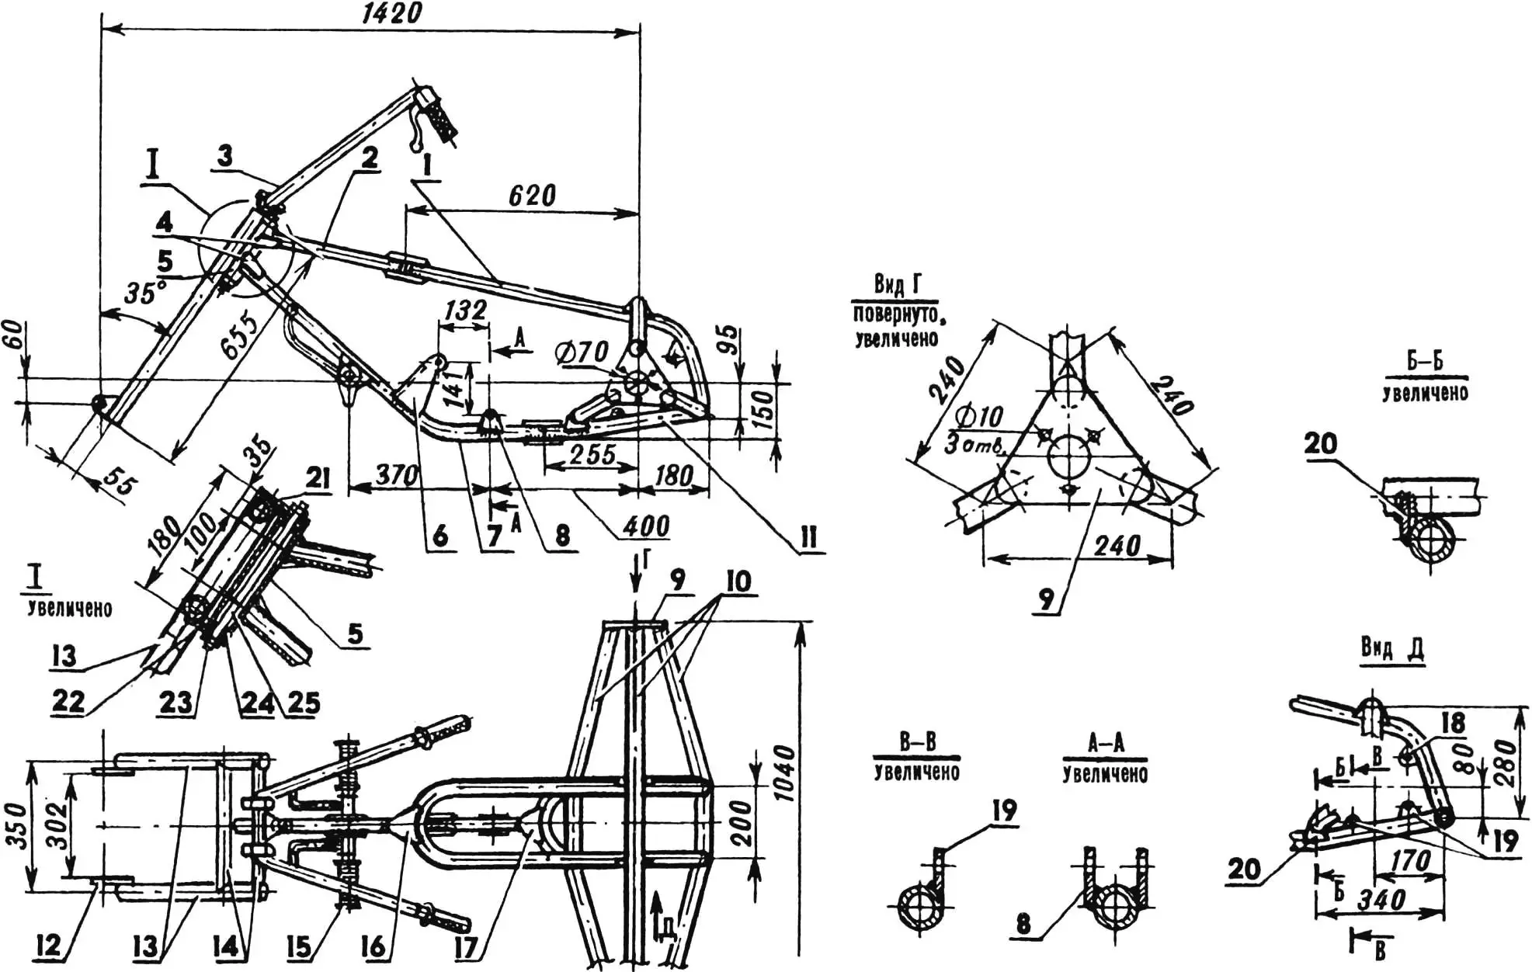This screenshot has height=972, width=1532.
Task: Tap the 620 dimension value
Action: pyautogui.click(x=533, y=194)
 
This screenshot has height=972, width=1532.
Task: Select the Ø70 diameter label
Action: pyautogui.click(x=583, y=353)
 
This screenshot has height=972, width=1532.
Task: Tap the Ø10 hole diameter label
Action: pyautogui.click(x=979, y=417)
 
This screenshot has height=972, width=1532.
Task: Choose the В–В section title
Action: pyautogui.click(x=917, y=742)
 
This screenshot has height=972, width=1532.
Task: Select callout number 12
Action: pyautogui.click(x=47, y=946)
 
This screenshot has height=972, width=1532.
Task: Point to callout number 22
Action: pyautogui.click(x=69, y=702)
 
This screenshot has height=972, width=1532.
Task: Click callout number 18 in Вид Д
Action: pyautogui.click(x=1451, y=723)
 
